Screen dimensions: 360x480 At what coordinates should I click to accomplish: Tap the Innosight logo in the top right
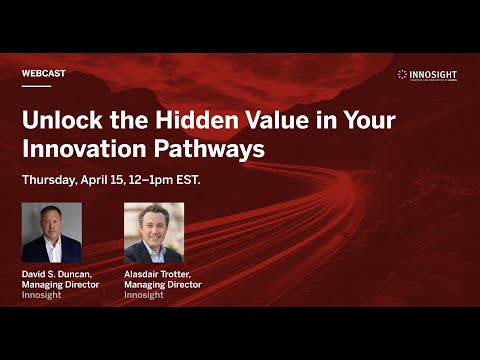(x=429, y=75)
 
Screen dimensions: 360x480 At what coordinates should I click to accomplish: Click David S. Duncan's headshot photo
(x=52, y=233)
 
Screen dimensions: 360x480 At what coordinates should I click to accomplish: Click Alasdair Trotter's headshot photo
(x=154, y=233)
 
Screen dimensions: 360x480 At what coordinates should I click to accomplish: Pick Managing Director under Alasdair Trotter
(x=162, y=285)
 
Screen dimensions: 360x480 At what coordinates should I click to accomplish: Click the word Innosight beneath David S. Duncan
(x=41, y=295)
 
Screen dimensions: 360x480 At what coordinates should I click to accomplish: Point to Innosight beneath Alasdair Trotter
(x=143, y=295)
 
